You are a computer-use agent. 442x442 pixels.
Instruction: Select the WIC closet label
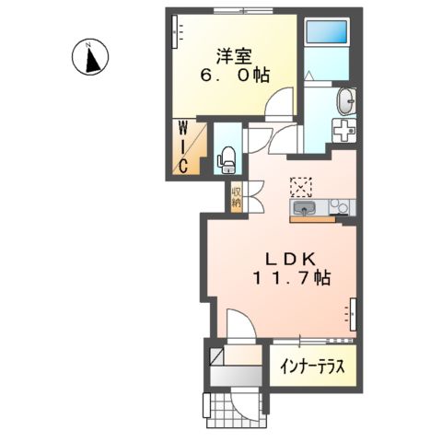[x=183, y=146]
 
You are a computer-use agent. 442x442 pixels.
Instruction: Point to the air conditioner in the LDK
[x=350, y=314]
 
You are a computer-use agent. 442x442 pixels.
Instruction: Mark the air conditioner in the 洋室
[x=175, y=33]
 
